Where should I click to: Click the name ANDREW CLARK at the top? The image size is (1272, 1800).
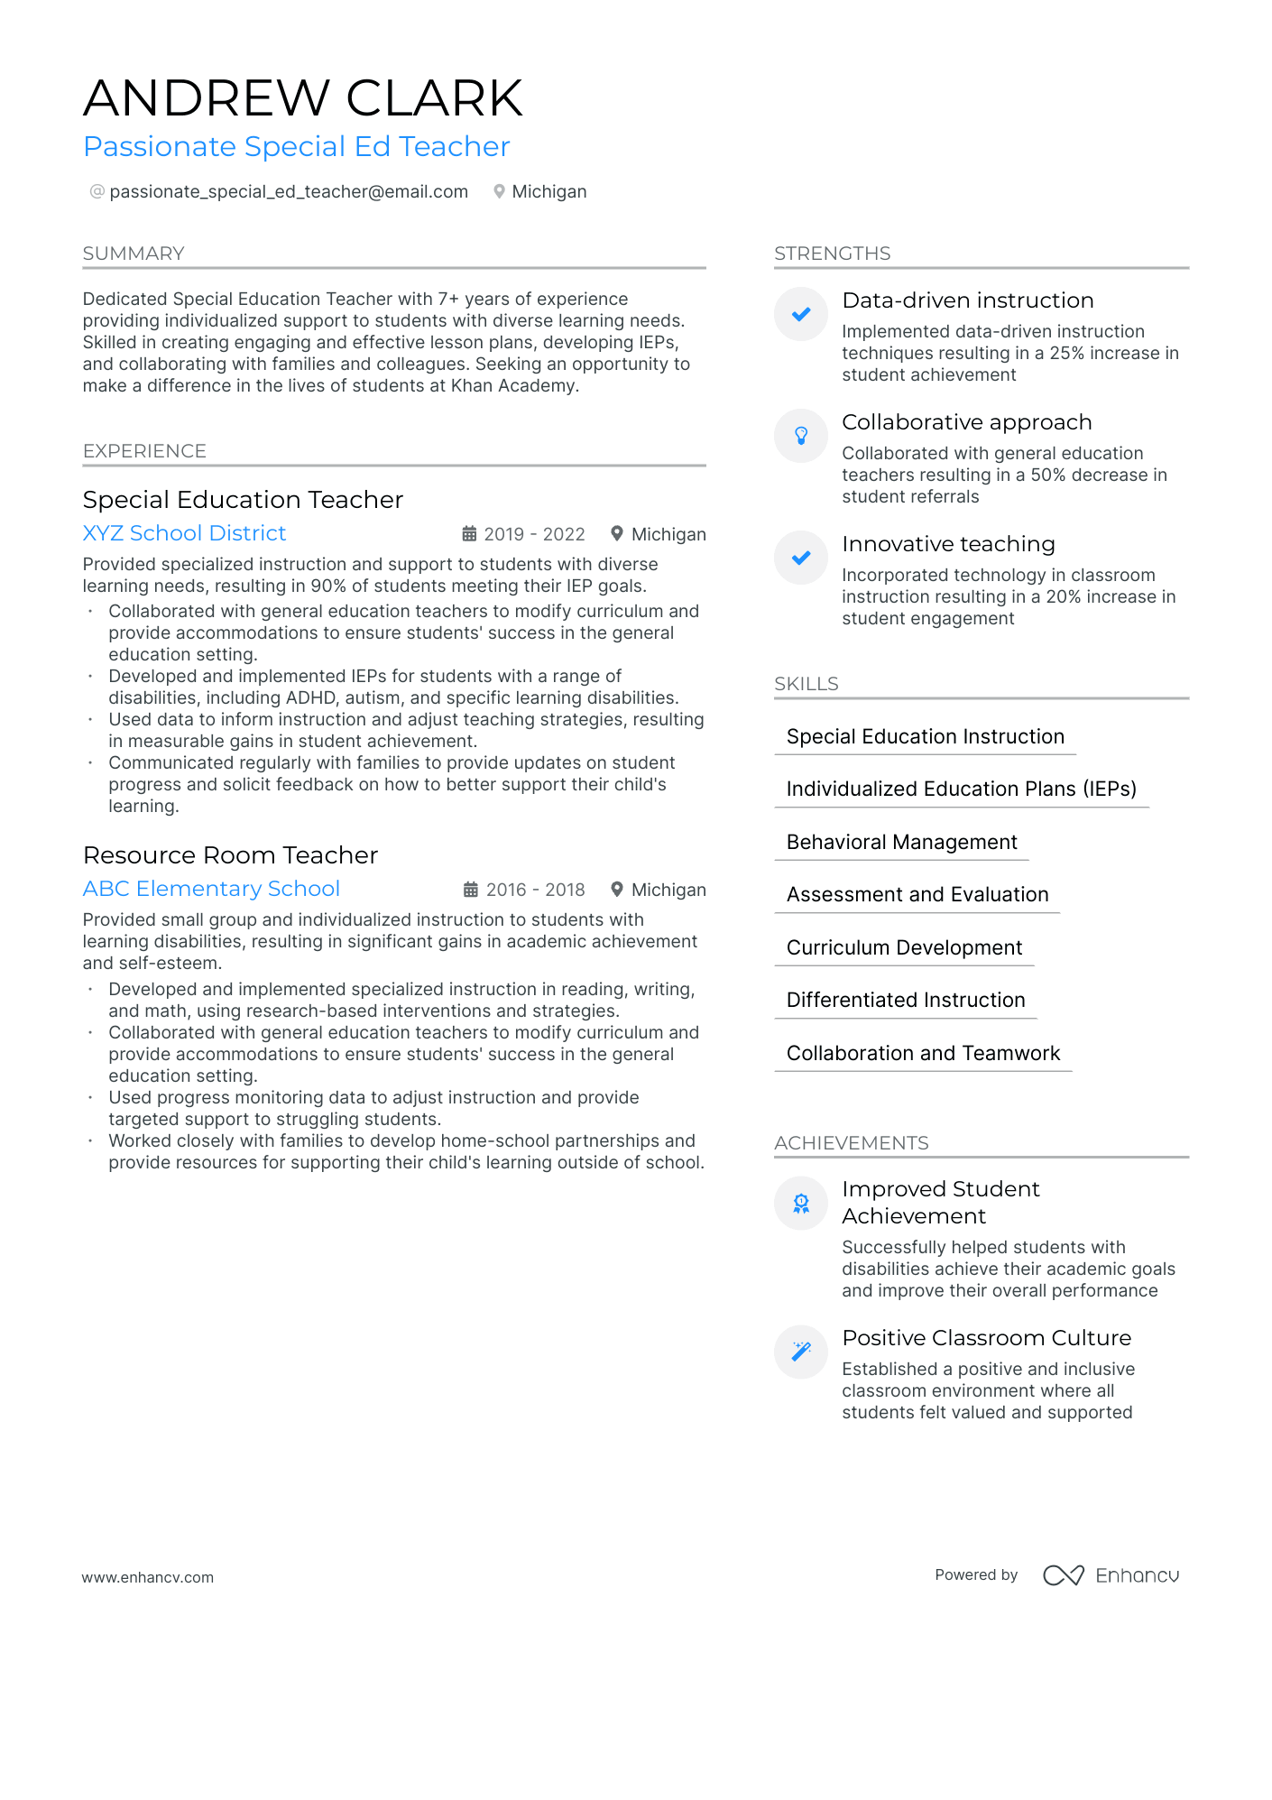pyautogui.click(x=303, y=97)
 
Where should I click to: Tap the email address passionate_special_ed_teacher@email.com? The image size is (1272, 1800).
pyautogui.click(x=288, y=191)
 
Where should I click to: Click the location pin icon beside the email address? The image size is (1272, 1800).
pyautogui.click(x=499, y=191)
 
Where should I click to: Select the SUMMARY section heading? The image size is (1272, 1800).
pyautogui.click(x=134, y=254)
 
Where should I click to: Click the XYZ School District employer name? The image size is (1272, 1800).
pyautogui.click(x=184, y=533)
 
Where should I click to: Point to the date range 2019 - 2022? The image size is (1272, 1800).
pyautogui.click(x=534, y=534)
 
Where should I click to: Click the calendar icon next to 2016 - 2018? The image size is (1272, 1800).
pyautogui.click(x=471, y=890)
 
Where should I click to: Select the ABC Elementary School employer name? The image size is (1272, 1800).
pyautogui.click(x=211, y=889)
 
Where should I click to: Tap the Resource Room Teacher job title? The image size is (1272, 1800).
pyautogui.click(x=230, y=855)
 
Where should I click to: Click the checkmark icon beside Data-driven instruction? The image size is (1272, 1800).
pyautogui.click(x=801, y=314)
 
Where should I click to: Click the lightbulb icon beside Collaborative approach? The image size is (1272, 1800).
pyautogui.click(x=801, y=436)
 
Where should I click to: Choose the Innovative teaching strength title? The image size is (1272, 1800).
pyautogui.click(x=948, y=544)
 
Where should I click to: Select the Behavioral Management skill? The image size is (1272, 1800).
pyautogui.click(x=901, y=842)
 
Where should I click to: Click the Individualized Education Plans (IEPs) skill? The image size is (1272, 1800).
pyautogui.click(x=961, y=789)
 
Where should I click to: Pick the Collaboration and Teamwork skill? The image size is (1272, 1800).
pyautogui.click(x=923, y=1053)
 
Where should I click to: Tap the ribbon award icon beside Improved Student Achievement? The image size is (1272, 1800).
pyautogui.click(x=801, y=1203)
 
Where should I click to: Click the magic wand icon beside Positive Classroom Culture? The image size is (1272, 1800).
pyautogui.click(x=801, y=1351)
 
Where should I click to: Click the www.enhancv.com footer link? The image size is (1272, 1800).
pyautogui.click(x=148, y=1577)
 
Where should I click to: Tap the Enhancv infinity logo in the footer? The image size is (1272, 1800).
pyautogui.click(x=1063, y=1575)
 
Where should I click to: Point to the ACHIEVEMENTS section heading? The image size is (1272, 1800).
pyautogui.click(x=851, y=1143)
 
